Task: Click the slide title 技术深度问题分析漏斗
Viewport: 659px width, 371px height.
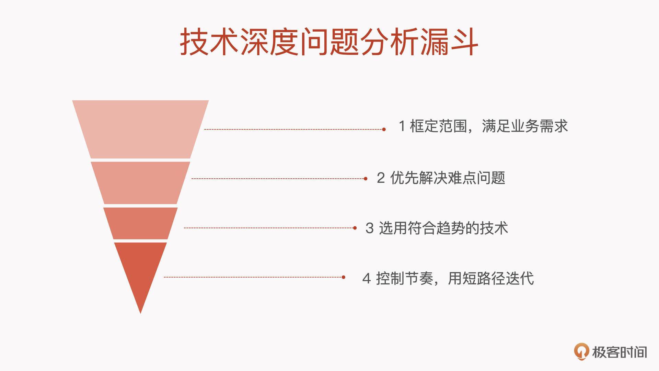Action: [x=329, y=42]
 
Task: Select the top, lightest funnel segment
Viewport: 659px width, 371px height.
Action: [x=140, y=129]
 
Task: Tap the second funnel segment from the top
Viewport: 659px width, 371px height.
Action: [x=140, y=183]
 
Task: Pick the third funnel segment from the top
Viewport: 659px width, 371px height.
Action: [x=140, y=223]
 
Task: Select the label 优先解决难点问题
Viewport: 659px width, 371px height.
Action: [x=448, y=178]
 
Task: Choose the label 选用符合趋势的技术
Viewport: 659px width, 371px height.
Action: [x=443, y=228]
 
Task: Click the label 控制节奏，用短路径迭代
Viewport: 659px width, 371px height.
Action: [x=455, y=278]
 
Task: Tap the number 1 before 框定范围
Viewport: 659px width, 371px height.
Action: [x=402, y=126]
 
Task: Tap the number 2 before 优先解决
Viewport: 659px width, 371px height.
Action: [x=381, y=178]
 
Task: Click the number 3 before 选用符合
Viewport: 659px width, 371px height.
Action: [x=369, y=228]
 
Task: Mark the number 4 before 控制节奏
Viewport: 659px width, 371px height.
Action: [x=367, y=278]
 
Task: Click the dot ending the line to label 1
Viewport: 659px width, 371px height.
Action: [x=384, y=130]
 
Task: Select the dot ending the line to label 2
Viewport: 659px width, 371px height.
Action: [x=366, y=179]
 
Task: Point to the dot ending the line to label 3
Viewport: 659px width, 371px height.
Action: [x=355, y=228]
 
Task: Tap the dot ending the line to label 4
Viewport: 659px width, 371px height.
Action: [x=344, y=277]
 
